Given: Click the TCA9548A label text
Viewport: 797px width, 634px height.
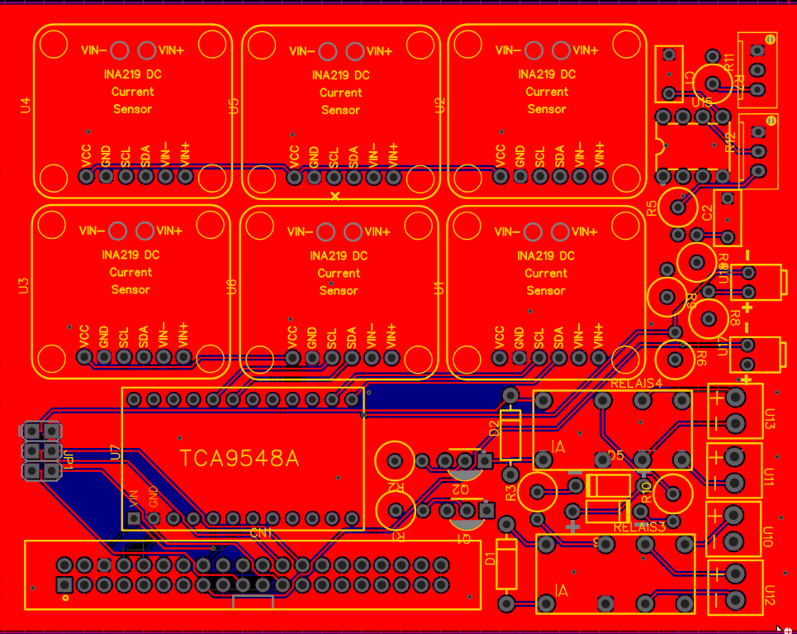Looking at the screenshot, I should [240, 459].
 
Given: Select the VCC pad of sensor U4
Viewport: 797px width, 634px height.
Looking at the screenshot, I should [86, 176].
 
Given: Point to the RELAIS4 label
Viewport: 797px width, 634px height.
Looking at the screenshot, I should [637, 384].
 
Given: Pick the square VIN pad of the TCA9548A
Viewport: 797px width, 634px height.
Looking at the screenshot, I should [134, 518].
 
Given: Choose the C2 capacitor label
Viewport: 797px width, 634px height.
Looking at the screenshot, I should [707, 212].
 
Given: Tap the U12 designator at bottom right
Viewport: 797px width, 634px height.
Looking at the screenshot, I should [769, 596].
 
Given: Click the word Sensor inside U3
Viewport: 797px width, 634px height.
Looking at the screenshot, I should [130, 289].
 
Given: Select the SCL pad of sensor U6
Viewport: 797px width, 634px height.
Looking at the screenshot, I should [332, 357].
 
